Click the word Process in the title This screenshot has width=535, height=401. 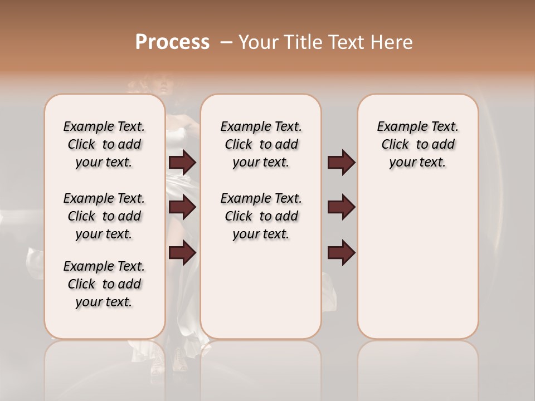click(172, 42)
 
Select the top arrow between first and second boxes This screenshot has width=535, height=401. click(182, 163)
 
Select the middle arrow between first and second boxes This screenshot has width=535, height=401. click(182, 208)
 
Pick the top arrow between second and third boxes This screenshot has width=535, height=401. click(341, 163)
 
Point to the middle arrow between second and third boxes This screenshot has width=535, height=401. click(341, 208)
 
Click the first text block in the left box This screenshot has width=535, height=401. click(104, 144)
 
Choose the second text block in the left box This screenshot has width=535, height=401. click(104, 216)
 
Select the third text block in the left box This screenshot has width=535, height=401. click(104, 284)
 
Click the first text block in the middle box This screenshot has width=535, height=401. click(261, 144)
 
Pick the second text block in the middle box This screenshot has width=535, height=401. click(261, 216)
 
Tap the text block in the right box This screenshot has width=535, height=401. click(417, 144)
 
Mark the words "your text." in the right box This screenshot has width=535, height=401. click(417, 163)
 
